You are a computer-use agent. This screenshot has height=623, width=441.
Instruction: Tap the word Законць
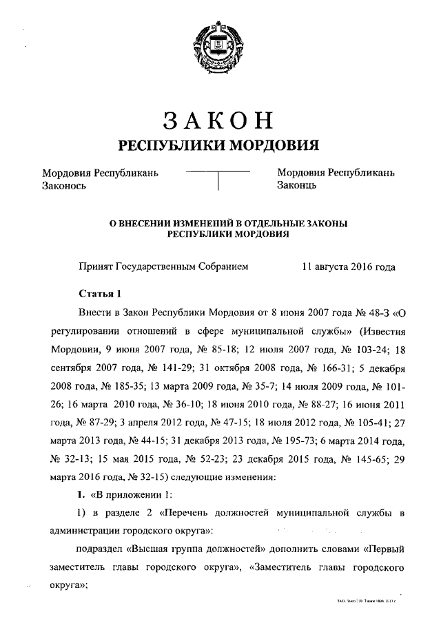pos(297,185)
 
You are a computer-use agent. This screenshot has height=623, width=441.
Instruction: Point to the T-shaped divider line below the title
pos(218,178)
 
